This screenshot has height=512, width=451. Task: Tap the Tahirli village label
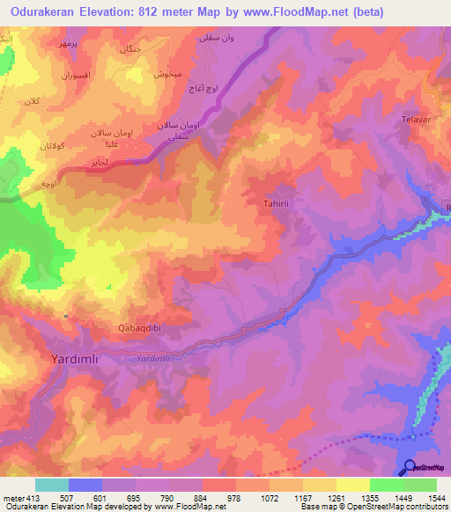277,203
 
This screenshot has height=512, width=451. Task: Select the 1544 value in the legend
435,498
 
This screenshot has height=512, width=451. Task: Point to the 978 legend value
234,498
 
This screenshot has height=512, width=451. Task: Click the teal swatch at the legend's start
52,485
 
